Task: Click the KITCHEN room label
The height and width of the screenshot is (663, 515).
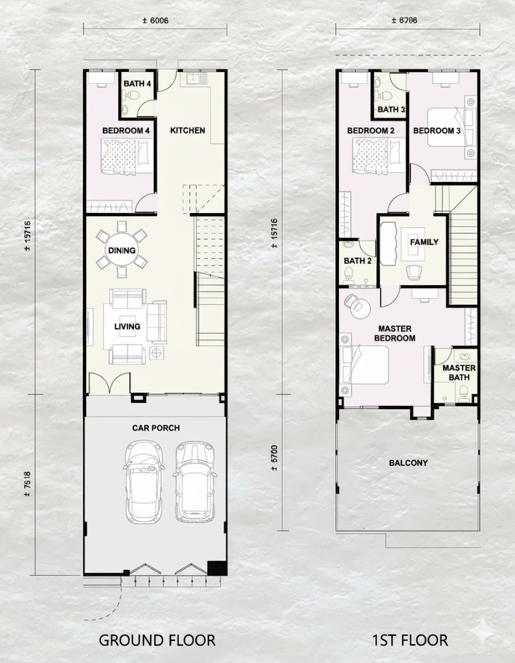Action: tap(188, 130)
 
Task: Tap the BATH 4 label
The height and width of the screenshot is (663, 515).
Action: tap(137, 84)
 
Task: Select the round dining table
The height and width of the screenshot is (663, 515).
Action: tap(122, 251)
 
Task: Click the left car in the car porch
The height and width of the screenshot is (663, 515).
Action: tap(144, 482)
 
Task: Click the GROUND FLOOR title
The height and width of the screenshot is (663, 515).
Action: tap(157, 640)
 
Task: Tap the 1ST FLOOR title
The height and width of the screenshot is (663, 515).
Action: tap(410, 640)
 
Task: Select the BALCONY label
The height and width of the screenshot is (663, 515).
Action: tap(408, 463)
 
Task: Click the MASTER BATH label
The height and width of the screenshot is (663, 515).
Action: tap(459, 372)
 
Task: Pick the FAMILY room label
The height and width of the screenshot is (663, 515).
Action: tap(424, 242)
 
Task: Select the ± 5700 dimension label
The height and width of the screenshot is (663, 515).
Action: tap(274, 458)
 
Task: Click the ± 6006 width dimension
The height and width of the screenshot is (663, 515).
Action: tap(155, 20)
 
